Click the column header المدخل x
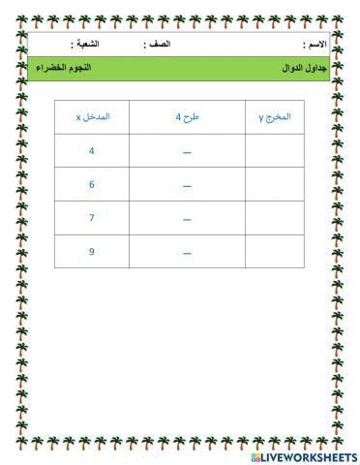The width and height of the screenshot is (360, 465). (92, 116)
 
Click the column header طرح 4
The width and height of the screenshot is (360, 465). (186, 116)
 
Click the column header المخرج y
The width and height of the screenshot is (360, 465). (275, 116)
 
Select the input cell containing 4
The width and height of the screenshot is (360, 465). (92, 150)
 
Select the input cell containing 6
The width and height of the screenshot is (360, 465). (92, 184)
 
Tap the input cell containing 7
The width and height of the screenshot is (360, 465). (92, 218)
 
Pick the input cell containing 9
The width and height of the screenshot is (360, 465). (92, 251)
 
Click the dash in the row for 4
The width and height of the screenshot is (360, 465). (187, 152)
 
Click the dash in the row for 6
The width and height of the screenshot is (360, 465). (187, 186)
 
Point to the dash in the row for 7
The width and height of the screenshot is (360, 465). (187, 220)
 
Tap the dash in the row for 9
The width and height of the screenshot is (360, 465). (187, 253)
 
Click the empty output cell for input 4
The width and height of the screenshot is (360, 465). (275, 150)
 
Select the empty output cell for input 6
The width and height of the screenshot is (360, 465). (275, 184)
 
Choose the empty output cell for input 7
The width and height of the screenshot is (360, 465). (275, 218)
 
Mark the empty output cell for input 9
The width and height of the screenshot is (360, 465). (275, 251)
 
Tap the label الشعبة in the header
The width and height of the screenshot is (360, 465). (88, 46)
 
